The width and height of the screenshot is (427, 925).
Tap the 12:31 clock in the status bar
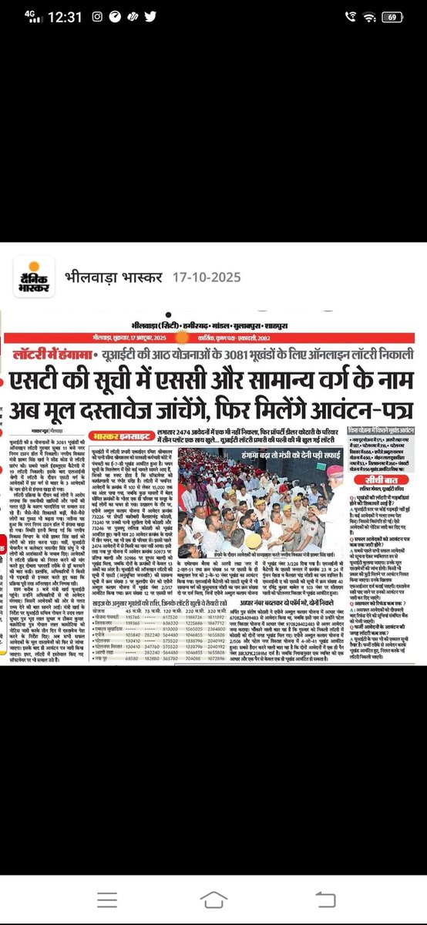[x=59, y=15]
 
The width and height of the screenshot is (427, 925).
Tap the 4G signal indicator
[x=24, y=15]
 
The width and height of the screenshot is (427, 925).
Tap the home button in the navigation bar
[x=213, y=900]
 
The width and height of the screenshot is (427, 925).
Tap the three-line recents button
[x=72, y=900]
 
